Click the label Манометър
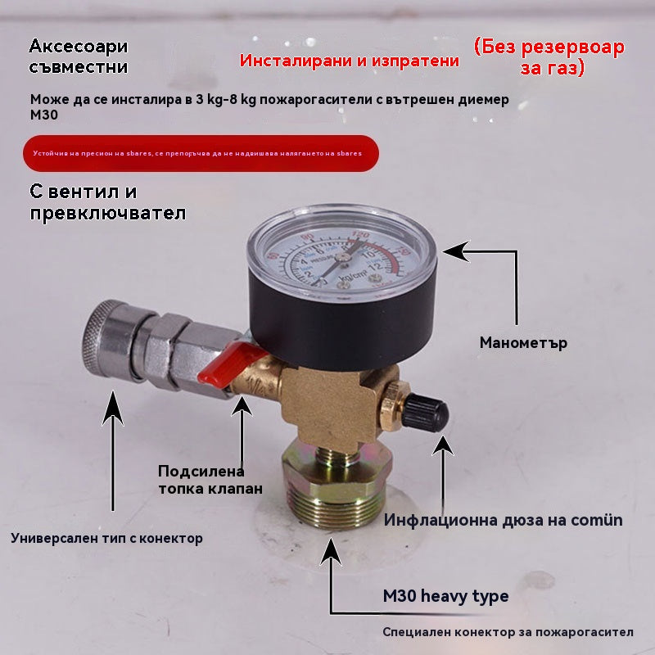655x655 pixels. [x=523, y=343]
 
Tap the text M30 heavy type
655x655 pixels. [x=445, y=596]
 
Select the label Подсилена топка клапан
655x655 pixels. [x=210, y=480]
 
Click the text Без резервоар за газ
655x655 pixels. [x=549, y=56]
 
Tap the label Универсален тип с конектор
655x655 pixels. [x=106, y=539]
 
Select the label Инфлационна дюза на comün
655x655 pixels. [x=504, y=520]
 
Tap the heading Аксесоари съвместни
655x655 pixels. [x=79, y=56]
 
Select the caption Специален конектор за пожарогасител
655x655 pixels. [x=508, y=633]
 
